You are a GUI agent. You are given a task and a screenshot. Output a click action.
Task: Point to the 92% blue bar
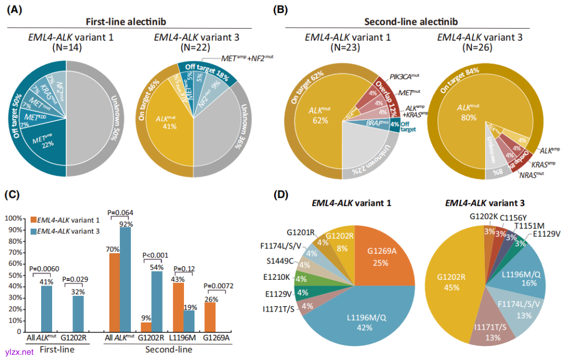coord(125,281)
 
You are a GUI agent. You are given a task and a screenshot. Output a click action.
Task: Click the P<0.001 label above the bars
coord(155,256)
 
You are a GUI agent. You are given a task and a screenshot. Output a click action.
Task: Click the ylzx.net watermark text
coord(19,352)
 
